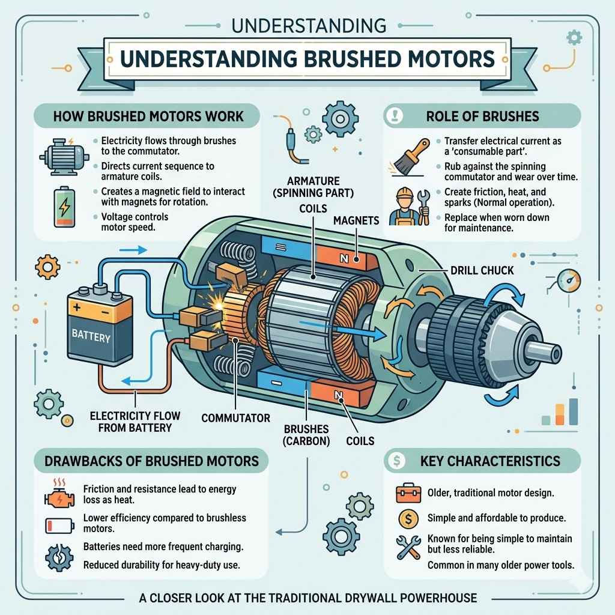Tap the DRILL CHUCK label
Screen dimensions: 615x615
click(482, 270)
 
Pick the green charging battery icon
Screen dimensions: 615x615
click(62, 208)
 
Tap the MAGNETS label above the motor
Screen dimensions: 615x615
click(356, 220)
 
